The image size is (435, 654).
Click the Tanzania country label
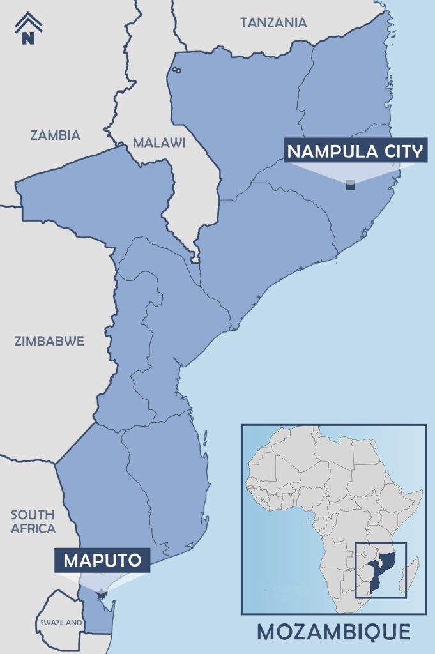(x=273, y=23)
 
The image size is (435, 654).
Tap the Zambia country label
(x=55, y=135)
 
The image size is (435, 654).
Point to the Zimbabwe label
(x=49, y=341)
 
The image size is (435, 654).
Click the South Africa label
(x=33, y=521)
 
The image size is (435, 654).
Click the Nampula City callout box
(x=355, y=151)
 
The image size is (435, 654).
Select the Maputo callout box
(x=102, y=561)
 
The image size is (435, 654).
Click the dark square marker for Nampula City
(x=350, y=185)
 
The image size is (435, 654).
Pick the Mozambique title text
(x=333, y=632)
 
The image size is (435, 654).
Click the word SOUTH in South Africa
(x=33, y=514)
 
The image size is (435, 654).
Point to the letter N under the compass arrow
(x=28, y=38)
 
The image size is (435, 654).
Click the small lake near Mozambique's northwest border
(x=176, y=70)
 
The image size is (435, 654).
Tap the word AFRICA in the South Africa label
(x=33, y=529)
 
